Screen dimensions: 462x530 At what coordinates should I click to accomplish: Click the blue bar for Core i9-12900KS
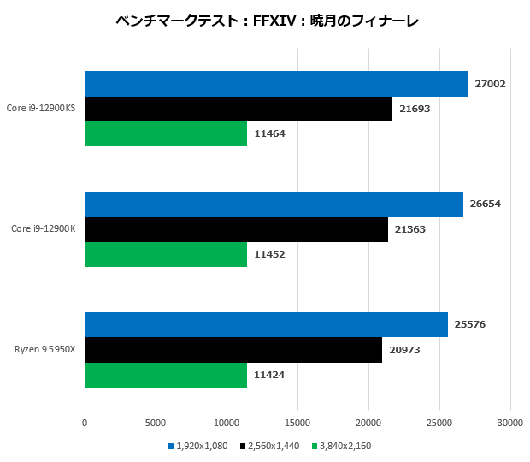[x=276, y=84]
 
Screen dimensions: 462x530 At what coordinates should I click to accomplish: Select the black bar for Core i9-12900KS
[x=238, y=109]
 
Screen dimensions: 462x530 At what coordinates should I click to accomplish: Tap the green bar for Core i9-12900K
[x=166, y=254]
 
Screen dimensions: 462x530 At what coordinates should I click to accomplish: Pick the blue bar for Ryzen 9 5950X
[x=267, y=325]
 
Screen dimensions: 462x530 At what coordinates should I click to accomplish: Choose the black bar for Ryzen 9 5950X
[x=233, y=350]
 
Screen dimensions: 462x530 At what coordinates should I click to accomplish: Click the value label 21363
[x=410, y=229]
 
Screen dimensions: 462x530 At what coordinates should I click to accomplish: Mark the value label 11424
[x=269, y=375]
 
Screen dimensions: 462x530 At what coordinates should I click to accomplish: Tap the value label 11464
[x=269, y=133]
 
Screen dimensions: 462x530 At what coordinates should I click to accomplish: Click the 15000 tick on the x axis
[x=297, y=422]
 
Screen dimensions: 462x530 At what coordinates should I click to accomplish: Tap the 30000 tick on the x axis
[x=509, y=422]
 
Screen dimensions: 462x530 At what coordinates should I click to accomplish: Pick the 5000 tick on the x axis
[x=156, y=422]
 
